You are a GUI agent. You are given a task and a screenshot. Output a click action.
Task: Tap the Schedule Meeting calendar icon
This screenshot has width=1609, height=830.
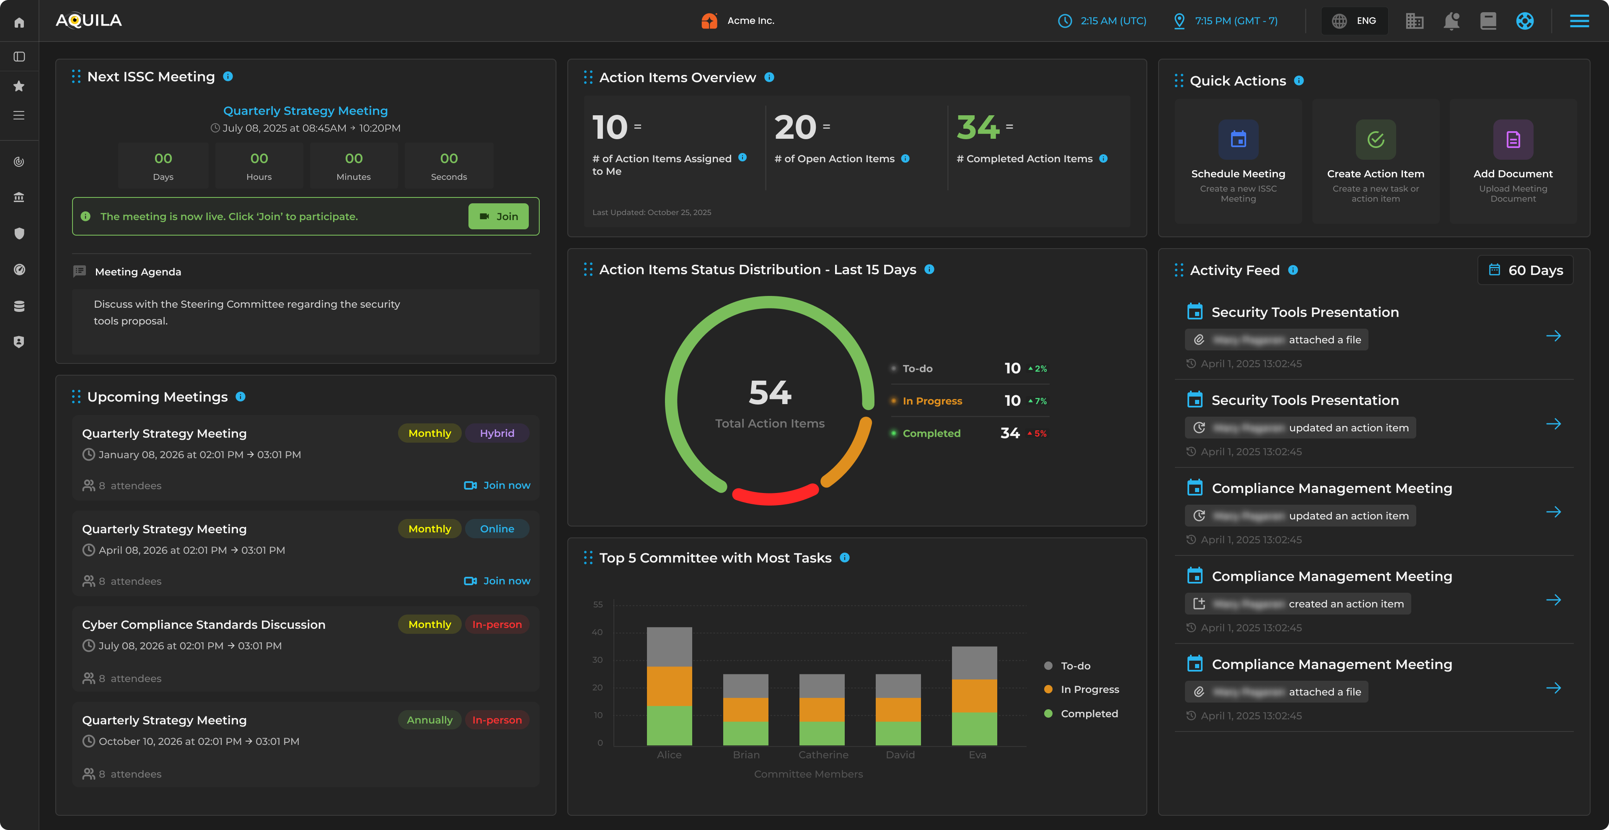[1238, 139]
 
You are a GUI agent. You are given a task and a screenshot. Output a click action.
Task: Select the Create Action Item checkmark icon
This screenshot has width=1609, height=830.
[1375, 139]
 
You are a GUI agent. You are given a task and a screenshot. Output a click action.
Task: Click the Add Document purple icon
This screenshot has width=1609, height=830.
[1513, 139]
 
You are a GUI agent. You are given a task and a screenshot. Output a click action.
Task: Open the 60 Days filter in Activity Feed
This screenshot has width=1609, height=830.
[1525, 270]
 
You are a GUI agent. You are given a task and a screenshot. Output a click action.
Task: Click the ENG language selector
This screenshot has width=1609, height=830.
[1354, 21]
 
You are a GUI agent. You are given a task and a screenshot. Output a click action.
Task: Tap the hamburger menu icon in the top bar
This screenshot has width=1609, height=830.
[1579, 21]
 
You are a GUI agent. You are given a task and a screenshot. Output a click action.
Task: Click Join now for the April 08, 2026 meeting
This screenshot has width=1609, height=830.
[497, 581]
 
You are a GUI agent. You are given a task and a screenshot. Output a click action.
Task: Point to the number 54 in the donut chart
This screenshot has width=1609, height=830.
[770, 392]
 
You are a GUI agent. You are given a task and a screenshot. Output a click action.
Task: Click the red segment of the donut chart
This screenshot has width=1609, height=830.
[774, 497]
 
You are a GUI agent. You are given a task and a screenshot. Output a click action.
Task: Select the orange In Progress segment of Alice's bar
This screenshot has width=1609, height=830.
[669, 686]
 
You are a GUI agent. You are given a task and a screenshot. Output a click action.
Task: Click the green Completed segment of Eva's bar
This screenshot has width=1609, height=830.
[974, 729]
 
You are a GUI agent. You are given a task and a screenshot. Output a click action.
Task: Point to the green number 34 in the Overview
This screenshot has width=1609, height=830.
[978, 127]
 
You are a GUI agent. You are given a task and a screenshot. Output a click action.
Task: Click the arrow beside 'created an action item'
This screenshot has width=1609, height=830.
[1553, 600]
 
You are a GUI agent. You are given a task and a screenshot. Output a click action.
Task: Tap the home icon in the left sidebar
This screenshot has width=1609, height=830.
[19, 23]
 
